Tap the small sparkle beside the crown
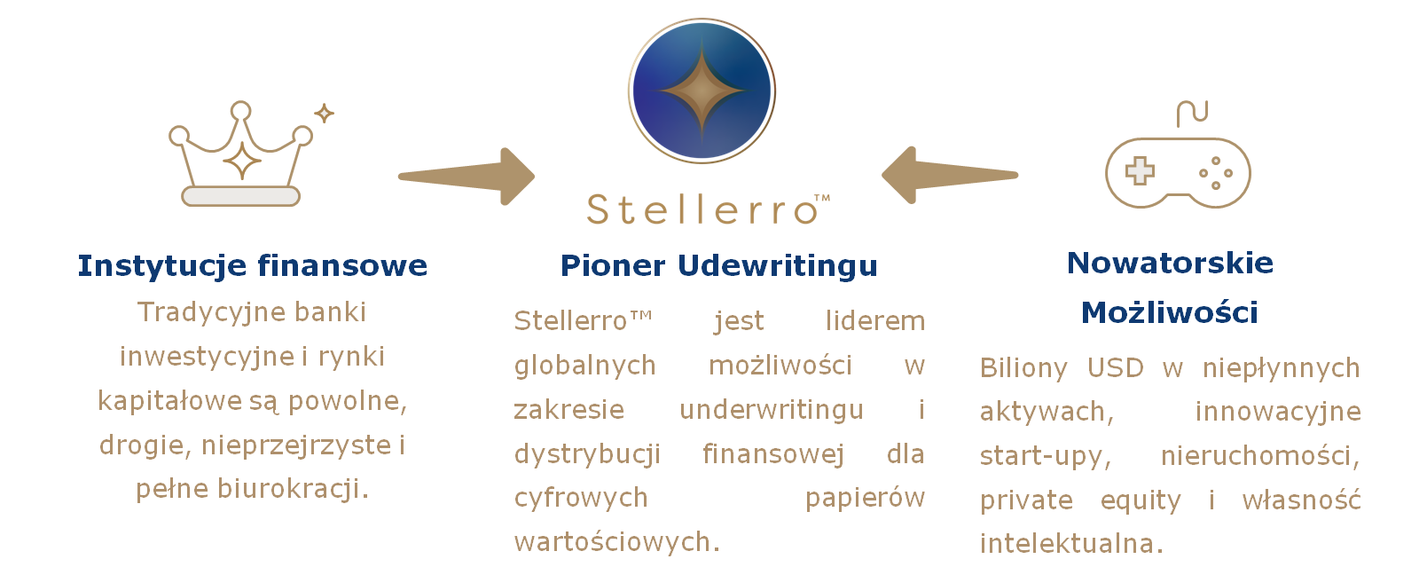click(325, 114)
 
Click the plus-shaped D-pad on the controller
click(1140, 170)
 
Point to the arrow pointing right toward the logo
click(466, 177)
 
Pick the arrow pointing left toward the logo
click(950, 175)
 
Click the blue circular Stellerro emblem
click(702, 91)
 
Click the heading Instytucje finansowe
click(252, 266)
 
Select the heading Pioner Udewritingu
click(719, 266)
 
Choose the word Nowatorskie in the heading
click(1170, 263)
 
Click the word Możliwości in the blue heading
click(1170, 312)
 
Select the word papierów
click(865, 499)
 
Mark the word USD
click(1116, 367)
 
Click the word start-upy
click(1046, 457)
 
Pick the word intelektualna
click(1072, 544)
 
